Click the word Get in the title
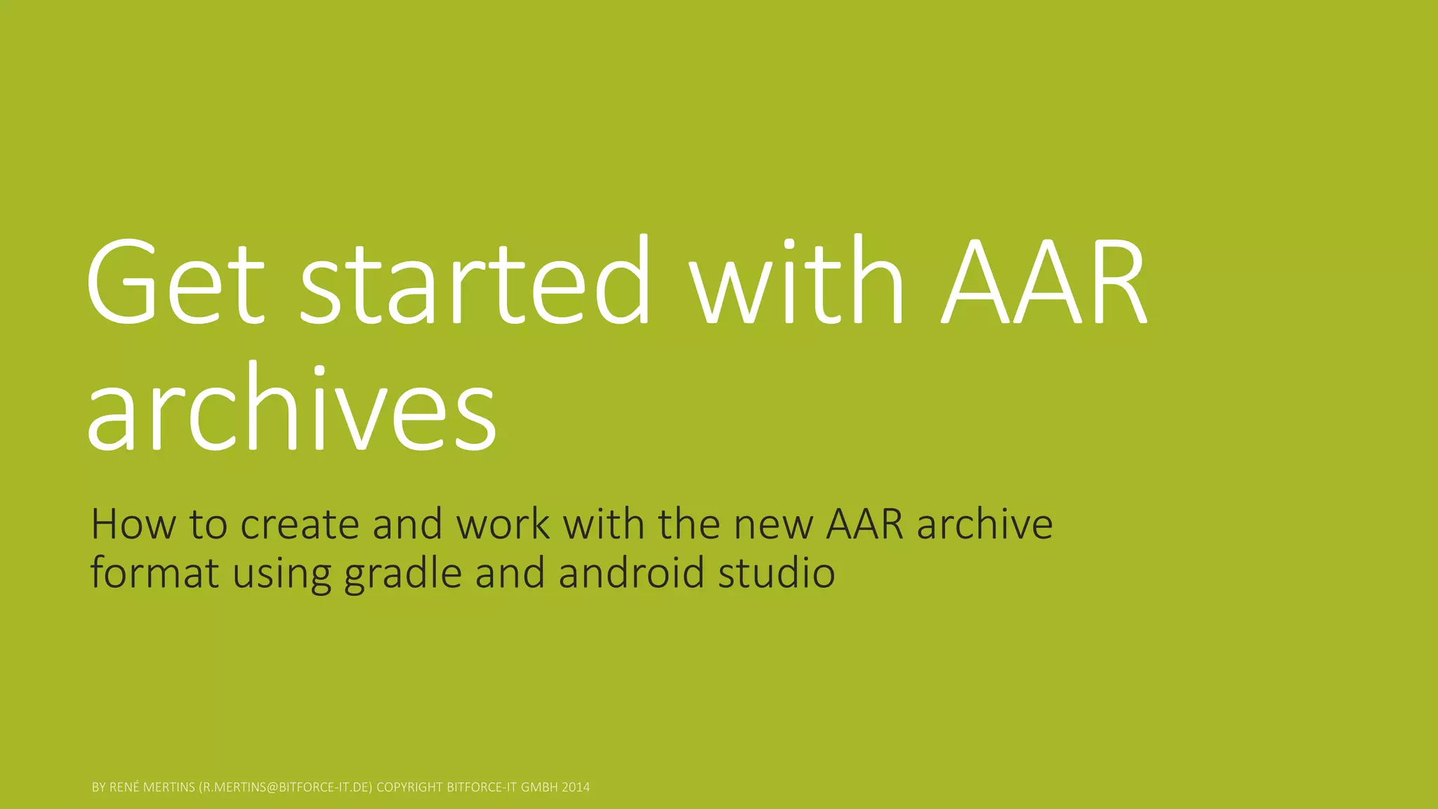click(175, 283)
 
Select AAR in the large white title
click(1043, 283)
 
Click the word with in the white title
click(796, 283)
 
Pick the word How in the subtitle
click(133, 524)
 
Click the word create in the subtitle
click(300, 524)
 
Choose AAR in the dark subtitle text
click(864, 524)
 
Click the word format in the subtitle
click(154, 572)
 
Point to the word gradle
click(403, 572)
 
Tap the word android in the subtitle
click(631, 572)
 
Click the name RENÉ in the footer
click(124, 787)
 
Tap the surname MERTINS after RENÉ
click(169, 787)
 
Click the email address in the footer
click(285, 787)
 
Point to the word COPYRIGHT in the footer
click(410, 787)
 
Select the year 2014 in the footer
click(576, 787)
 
